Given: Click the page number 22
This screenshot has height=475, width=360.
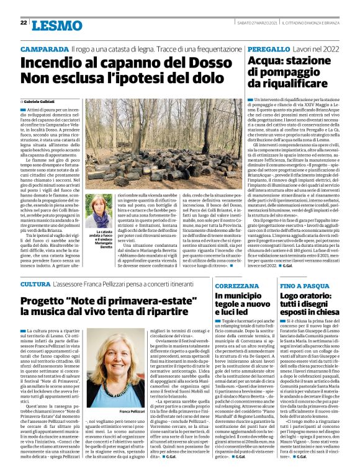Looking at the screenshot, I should point(23,23).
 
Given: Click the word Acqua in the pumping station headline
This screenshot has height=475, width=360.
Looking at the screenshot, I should point(268,61).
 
